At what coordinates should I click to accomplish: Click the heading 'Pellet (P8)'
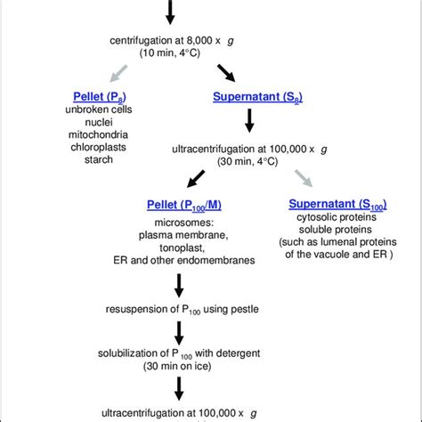(x=101, y=96)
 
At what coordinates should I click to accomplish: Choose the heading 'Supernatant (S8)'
(x=248, y=96)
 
